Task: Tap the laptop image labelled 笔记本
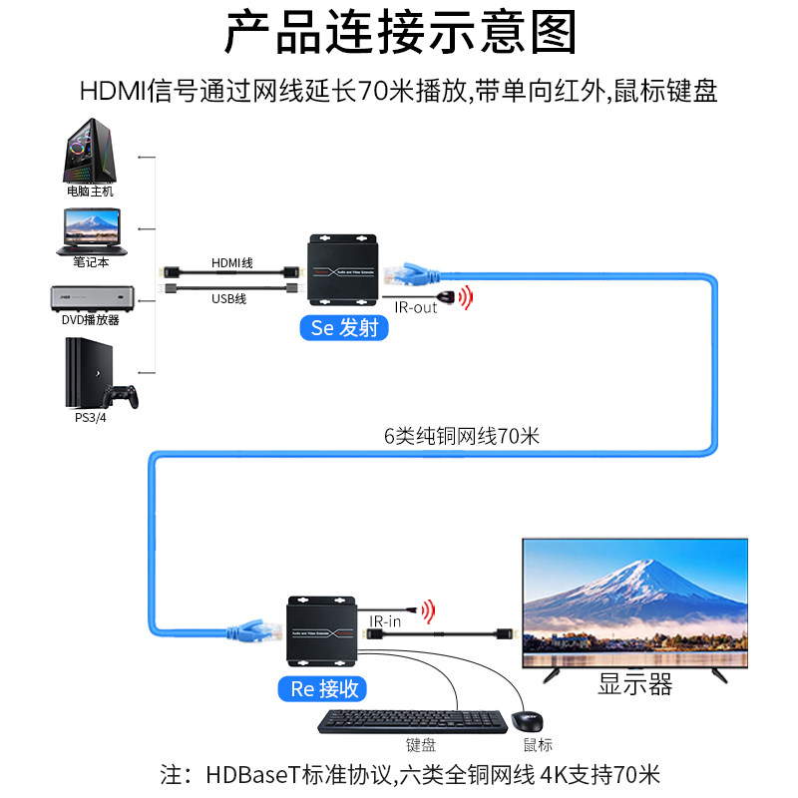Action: pos(91,229)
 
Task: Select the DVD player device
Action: pos(91,296)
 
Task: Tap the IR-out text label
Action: pos(415,307)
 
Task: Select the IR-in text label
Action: pos(385,620)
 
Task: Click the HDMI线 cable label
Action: pos(231,262)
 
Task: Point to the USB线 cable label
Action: pos(228,298)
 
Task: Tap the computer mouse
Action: pos(528,721)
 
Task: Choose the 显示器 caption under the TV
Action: pos(634,684)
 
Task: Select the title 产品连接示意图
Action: pos(399,33)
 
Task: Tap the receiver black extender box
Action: pos(322,629)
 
